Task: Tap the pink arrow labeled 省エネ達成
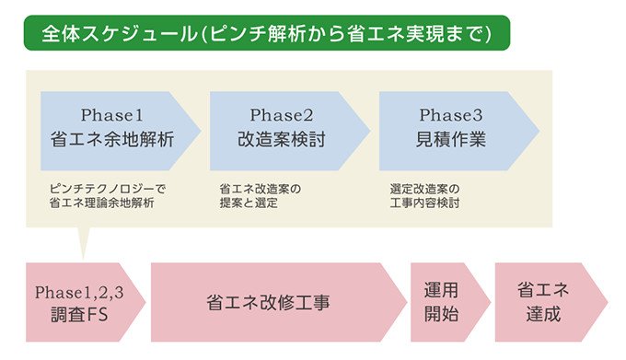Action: (x=543, y=302)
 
